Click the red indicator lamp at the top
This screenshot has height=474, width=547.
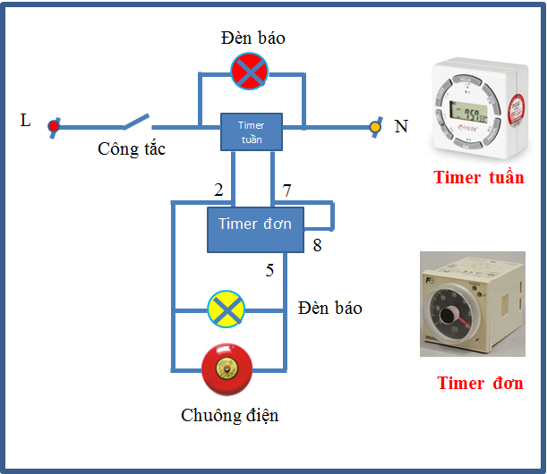[x=249, y=72]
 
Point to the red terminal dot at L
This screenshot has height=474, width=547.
[x=54, y=126]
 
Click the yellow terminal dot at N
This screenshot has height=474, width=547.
[x=375, y=126]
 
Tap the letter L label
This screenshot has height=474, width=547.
[x=25, y=121]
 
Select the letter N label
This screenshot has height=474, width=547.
[x=401, y=127]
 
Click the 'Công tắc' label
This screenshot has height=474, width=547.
[x=132, y=149]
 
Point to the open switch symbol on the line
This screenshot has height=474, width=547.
[x=136, y=120]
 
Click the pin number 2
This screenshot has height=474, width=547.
[x=218, y=190]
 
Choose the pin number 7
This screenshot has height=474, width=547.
[x=287, y=190]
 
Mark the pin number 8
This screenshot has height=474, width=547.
[x=317, y=245]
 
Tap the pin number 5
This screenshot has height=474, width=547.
[x=269, y=270]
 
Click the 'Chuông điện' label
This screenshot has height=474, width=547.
[x=230, y=415]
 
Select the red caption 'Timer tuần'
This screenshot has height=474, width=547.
[x=479, y=177]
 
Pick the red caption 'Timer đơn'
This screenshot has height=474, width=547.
[x=480, y=383]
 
